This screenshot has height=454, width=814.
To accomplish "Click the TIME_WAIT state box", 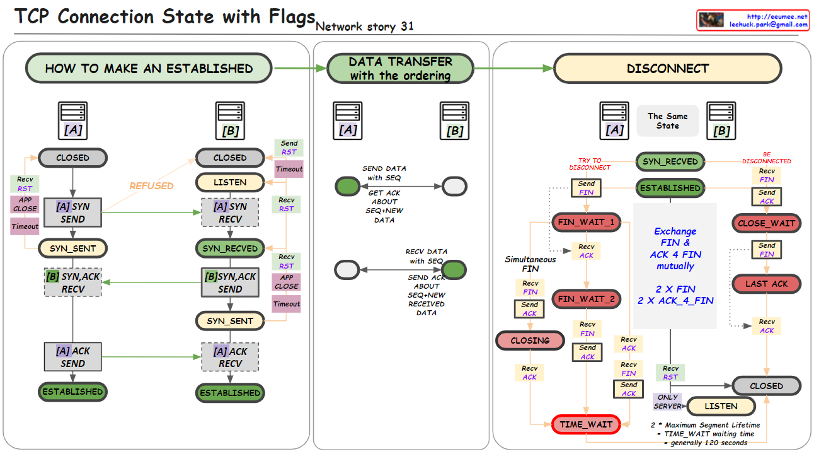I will [586, 424].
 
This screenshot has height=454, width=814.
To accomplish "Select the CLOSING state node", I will [530, 340].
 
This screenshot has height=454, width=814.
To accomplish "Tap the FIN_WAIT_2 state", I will [587, 299].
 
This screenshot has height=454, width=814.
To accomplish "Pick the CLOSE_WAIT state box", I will [766, 223].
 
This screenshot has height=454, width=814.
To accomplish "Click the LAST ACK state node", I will [766, 284].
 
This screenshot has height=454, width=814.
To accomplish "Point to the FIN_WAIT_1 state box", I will [587, 222].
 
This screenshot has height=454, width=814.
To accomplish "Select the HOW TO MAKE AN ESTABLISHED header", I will [149, 68].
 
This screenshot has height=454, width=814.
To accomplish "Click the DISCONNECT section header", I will [667, 68].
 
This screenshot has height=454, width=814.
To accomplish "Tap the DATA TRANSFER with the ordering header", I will [400, 68].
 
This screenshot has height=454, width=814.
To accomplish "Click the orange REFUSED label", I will [151, 186].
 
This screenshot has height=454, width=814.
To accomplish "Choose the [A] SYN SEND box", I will [72, 212].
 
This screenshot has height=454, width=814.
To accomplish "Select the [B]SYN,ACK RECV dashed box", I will [72, 282].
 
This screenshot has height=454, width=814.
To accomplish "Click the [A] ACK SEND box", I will [72, 357].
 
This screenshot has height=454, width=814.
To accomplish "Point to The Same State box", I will [667, 120].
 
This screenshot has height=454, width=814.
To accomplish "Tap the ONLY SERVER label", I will [667, 402].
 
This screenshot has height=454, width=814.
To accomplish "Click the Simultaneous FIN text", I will [530, 264].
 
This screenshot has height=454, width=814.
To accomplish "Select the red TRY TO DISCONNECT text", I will [590, 164].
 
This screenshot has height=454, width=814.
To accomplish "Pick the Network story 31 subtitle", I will [364, 26].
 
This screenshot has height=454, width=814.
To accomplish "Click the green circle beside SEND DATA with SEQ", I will [346, 186].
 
